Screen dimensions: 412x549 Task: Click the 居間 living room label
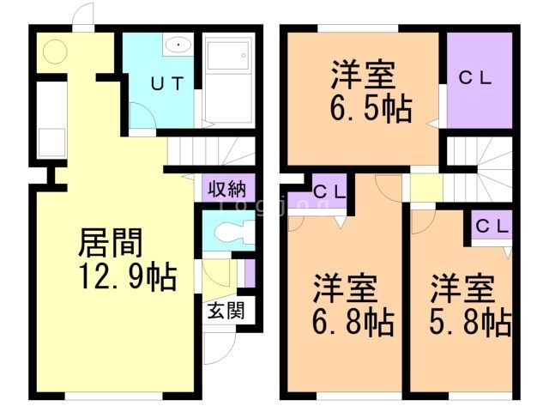(x=109, y=244)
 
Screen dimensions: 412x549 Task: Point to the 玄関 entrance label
(x=225, y=310)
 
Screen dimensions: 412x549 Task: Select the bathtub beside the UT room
(x=231, y=79)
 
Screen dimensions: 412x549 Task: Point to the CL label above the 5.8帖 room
(x=492, y=227)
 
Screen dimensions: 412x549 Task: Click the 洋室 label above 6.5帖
(x=364, y=74)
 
